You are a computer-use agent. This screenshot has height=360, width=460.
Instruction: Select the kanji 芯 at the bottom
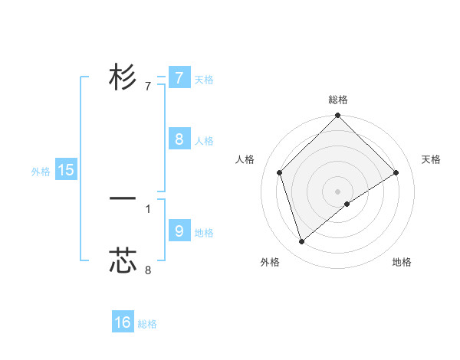pos(123,260)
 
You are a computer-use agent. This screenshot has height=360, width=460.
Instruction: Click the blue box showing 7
pos(179,77)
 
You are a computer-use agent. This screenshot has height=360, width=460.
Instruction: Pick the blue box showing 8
pos(179,139)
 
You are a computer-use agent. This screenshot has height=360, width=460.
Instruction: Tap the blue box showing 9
pos(179,231)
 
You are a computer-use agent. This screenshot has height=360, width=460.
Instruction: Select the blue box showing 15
pos(66,170)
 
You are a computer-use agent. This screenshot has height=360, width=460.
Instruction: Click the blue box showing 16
pos(123,322)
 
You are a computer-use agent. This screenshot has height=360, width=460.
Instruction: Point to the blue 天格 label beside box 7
pos(204,80)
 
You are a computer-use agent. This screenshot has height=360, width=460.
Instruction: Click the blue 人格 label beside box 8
pos(204,141)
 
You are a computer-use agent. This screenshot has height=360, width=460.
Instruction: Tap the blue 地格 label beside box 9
pos(204,233)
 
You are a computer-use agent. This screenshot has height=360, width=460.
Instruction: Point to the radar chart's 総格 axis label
pos(337,100)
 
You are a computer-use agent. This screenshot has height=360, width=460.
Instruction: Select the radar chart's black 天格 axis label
pos(432,159)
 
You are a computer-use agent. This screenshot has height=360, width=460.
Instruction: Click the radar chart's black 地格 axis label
pos(402,262)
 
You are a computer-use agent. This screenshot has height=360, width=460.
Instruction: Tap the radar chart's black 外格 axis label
pos(270,262)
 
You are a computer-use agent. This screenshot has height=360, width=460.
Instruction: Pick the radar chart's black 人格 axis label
pos(245,159)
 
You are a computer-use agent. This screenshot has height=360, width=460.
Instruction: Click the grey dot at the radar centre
pos(337,191)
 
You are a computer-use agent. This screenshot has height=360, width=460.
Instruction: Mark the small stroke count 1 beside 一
pos(148,208)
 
